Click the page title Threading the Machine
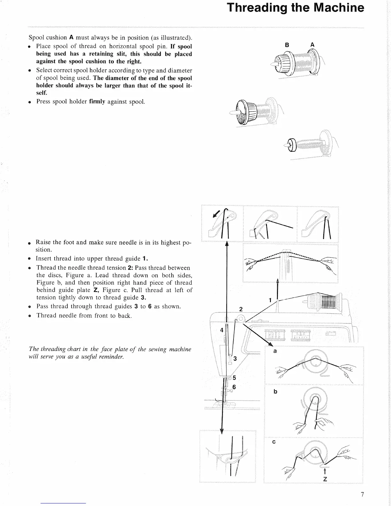(295, 8)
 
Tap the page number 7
(362, 495)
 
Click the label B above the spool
(287, 45)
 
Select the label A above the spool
(312, 45)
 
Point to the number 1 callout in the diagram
(270, 300)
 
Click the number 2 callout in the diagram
(241, 309)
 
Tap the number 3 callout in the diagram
(235, 358)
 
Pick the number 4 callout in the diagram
(222, 330)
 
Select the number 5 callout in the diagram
(234, 378)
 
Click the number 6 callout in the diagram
(234, 387)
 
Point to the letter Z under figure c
(325, 479)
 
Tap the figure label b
(275, 392)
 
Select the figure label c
(274, 442)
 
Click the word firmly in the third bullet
(97, 102)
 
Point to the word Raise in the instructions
(44, 242)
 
